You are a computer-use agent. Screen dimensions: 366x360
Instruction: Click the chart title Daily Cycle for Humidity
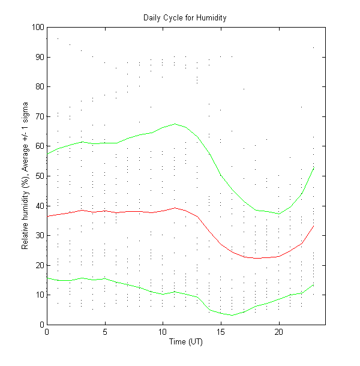[x=185, y=17]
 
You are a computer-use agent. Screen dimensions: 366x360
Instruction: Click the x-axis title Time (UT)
[x=186, y=341]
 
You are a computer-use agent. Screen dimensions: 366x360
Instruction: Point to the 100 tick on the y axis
[x=38, y=27]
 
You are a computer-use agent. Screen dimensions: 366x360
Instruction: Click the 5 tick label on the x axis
[x=105, y=332]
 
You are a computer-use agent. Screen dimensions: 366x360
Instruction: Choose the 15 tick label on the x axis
[x=221, y=332]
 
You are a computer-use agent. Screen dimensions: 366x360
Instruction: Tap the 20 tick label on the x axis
[x=279, y=332]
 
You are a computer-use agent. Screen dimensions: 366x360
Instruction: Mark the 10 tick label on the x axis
[x=163, y=332]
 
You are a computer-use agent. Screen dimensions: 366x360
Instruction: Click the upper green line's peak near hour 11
[x=175, y=124]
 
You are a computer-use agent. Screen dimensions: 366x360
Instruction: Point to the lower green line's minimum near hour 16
[x=232, y=315]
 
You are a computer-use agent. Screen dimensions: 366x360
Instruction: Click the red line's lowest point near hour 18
[x=256, y=258]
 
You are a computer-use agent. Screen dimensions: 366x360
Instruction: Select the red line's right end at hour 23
[x=313, y=226]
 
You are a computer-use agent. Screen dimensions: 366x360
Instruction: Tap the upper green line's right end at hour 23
[x=313, y=168]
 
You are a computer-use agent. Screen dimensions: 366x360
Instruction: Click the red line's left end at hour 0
[x=47, y=216]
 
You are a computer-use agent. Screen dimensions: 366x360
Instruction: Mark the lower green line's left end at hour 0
[x=47, y=278]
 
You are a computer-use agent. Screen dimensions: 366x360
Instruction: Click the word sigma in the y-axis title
[x=26, y=112]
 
